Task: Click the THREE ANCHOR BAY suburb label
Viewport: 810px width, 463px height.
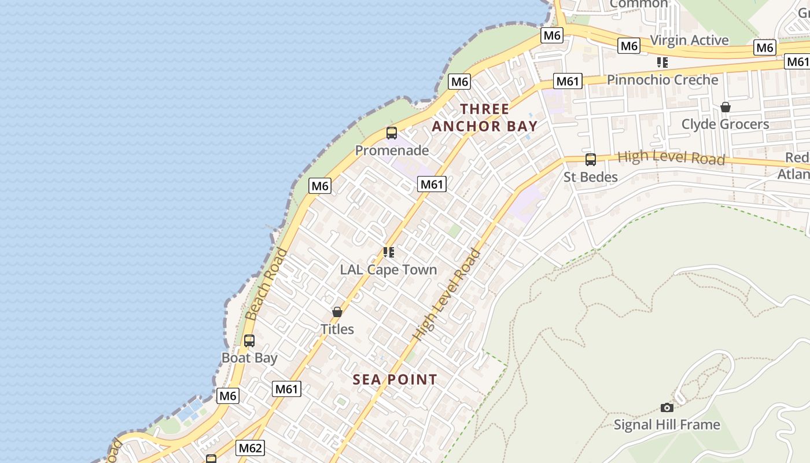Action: point(485,117)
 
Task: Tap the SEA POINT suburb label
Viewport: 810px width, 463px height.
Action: point(395,380)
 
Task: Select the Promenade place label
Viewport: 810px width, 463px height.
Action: point(392,150)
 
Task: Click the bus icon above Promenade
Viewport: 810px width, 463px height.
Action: point(392,133)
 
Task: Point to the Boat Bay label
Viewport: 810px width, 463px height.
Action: point(249,358)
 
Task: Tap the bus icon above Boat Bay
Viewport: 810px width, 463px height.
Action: point(249,341)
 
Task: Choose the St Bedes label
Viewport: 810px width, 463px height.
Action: point(591,177)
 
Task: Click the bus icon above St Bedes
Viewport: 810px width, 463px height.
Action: point(591,159)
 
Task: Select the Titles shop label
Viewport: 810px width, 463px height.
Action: point(337,329)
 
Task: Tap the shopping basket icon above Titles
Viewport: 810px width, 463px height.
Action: point(337,312)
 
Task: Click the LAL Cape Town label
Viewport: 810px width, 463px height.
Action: point(388,270)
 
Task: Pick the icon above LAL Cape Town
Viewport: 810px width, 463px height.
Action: point(389,252)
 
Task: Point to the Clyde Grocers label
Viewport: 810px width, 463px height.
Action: point(725,124)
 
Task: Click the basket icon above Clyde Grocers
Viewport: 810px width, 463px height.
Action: point(725,107)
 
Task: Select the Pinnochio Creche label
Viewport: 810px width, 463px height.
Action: point(662,80)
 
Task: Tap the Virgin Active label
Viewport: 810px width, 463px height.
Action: point(689,40)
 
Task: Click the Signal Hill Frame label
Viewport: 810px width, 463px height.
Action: point(667,425)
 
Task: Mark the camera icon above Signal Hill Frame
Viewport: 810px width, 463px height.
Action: point(667,408)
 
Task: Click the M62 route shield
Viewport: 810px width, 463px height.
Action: point(251,447)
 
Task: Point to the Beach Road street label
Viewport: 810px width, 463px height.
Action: point(266,284)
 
